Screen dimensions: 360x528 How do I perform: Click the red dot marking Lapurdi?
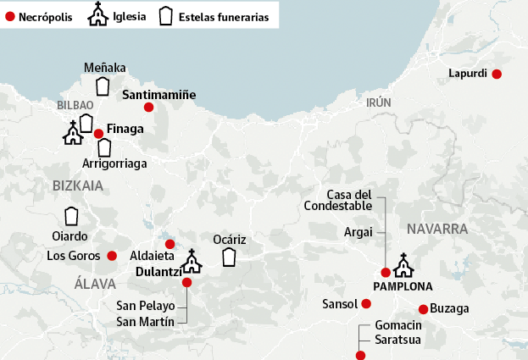[x=497, y=75]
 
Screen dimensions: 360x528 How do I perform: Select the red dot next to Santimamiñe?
[x=148, y=107]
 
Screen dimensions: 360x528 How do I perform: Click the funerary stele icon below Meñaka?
[x=103, y=86]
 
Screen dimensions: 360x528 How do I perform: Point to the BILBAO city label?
[x=75, y=105]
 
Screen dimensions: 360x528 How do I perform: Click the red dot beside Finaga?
[x=98, y=133]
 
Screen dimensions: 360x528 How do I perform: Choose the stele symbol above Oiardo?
[x=71, y=216]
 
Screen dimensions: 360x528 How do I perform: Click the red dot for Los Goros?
[x=111, y=256]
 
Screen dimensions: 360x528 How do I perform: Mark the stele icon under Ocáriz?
[x=229, y=257]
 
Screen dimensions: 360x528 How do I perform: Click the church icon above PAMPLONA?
[x=403, y=265]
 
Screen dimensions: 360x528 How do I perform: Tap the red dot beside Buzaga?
[x=423, y=309]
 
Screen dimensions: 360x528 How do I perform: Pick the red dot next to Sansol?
[x=366, y=303]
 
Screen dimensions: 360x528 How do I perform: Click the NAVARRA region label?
[x=437, y=229]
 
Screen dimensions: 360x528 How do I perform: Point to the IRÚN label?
[x=379, y=102]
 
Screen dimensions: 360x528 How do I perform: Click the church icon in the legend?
[x=99, y=14]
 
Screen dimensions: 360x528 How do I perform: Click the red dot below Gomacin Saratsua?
[x=360, y=356]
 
